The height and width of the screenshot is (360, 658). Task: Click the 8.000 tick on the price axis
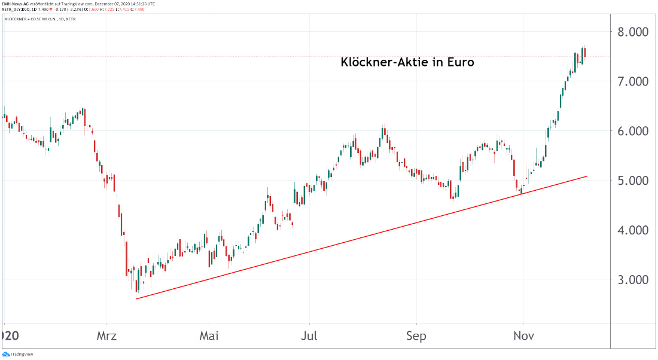coord(633,32)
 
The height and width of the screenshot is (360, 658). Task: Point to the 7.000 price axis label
coord(633,81)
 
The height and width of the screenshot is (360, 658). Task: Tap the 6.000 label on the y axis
coord(633,131)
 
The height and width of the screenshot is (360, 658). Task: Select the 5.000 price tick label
coord(633,181)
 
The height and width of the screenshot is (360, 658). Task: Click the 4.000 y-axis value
coord(633,230)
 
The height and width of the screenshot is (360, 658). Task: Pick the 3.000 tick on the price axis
coord(633,280)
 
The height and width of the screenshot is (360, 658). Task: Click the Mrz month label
coord(107,337)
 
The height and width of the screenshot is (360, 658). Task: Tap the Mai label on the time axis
coord(209,337)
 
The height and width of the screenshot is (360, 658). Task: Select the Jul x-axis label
coord(309,337)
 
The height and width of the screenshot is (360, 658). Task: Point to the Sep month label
coord(416,337)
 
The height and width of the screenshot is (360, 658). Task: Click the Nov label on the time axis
coord(524,337)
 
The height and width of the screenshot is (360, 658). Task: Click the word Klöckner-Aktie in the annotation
coord(383,62)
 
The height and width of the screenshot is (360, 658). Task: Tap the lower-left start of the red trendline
coord(136,298)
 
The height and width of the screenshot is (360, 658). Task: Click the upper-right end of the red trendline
coord(587,176)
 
